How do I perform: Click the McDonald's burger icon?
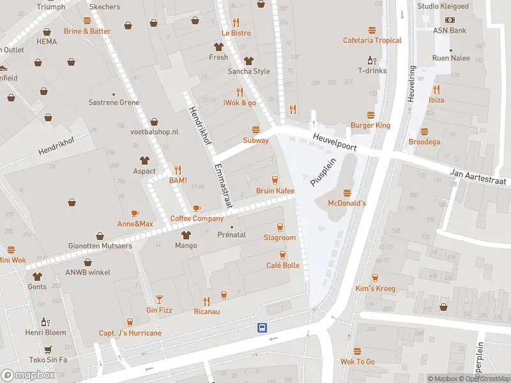pyautogui.click(x=347, y=192)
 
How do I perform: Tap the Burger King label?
pyautogui.click(x=370, y=125)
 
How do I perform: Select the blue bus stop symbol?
pyautogui.click(x=262, y=327)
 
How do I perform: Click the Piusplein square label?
pyautogui.click(x=323, y=172)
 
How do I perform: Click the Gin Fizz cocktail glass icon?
pyautogui.click(x=159, y=299)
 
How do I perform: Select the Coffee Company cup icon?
pyautogui.click(x=197, y=208)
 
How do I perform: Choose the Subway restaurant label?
pyautogui.click(x=256, y=140)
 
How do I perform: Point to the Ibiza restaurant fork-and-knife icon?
pyautogui.click(x=436, y=89)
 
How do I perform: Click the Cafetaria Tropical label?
pyautogui.click(x=372, y=40)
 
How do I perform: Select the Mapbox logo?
pyautogui.click(x=28, y=375)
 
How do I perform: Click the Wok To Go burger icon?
pyautogui.click(x=357, y=351)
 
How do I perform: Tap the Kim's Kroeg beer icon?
pyautogui.click(x=375, y=278)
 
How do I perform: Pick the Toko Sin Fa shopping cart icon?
pyautogui.click(x=47, y=349)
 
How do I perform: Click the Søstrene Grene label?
pyautogui.click(x=114, y=102)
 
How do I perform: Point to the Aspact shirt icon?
pyautogui.click(x=144, y=160)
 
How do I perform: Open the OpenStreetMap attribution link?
pyautogui.click(x=484, y=379)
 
